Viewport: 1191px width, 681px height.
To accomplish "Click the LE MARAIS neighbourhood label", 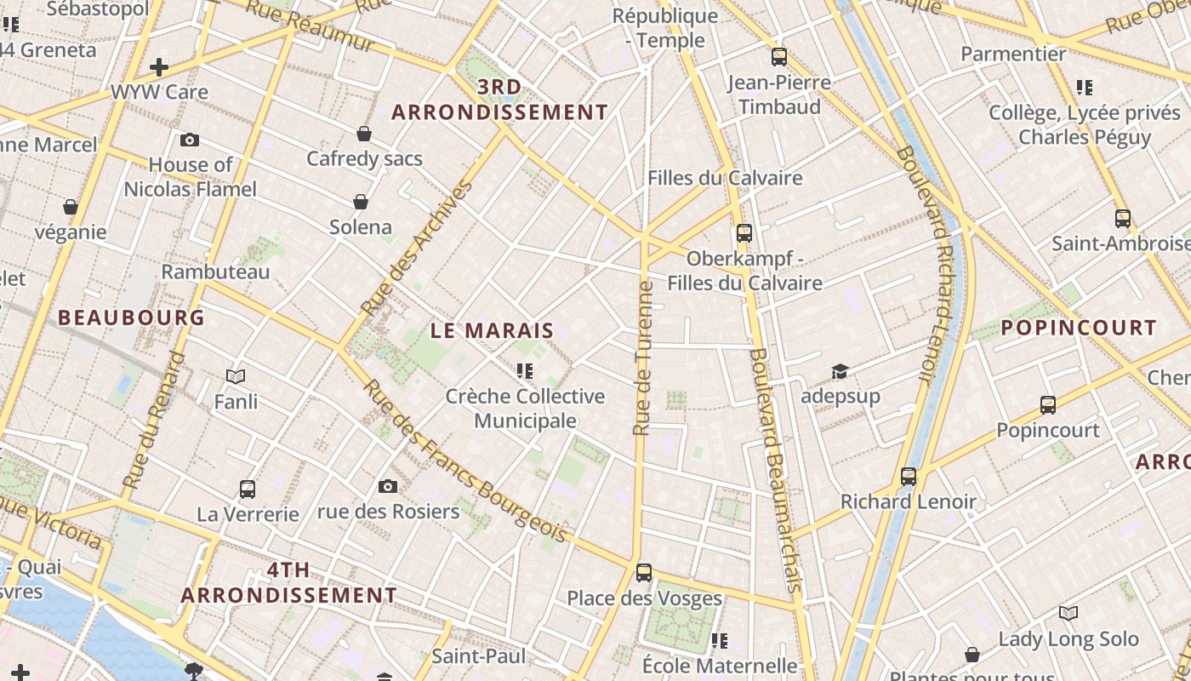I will (492, 330).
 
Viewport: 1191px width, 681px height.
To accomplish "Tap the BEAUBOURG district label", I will (131, 318).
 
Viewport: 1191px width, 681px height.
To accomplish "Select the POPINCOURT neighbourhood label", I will (1078, 328).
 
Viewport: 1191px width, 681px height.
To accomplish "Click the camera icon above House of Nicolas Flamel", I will (190, 140).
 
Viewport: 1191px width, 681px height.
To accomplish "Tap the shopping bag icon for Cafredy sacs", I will (364, 134).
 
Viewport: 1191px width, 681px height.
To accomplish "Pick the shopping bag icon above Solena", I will (361, 202).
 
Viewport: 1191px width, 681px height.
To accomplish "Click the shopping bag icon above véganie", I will (71, 207).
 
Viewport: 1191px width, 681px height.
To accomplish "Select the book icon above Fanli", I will (236, 376).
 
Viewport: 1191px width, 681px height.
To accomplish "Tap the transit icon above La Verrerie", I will (248, 489).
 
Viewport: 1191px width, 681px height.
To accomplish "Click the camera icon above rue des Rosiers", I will (388, 486).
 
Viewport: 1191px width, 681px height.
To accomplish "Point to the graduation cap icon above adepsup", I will (840, 371).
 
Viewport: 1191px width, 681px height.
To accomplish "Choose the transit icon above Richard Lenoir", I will (909, 477).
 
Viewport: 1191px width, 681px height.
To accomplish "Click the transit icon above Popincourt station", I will (1048, 405).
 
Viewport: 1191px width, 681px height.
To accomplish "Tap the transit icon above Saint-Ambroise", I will (1123, 219).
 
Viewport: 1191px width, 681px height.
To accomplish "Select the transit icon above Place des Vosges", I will (644, 573).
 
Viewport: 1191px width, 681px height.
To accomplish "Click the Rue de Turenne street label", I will (644, 358).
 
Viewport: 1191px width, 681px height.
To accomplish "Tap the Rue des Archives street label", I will (417, 248).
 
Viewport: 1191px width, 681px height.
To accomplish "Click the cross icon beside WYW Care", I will (159, 67).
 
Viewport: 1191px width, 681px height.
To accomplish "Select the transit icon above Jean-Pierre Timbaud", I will (779, 58).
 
